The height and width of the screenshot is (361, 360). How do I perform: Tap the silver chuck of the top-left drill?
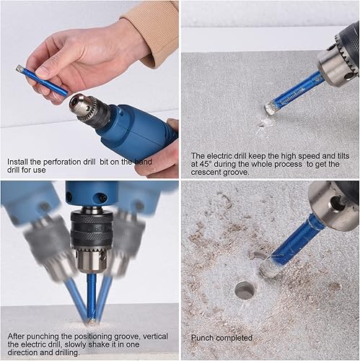pos(82,105)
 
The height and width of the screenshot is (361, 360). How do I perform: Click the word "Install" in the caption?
pos(17,162)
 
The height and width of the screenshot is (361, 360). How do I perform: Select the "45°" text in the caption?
pos(206,164)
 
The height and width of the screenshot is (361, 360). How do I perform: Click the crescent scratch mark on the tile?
pos(264,124)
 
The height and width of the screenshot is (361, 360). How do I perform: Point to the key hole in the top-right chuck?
pos(349,76)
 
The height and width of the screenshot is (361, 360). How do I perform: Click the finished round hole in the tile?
pos(245,290)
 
